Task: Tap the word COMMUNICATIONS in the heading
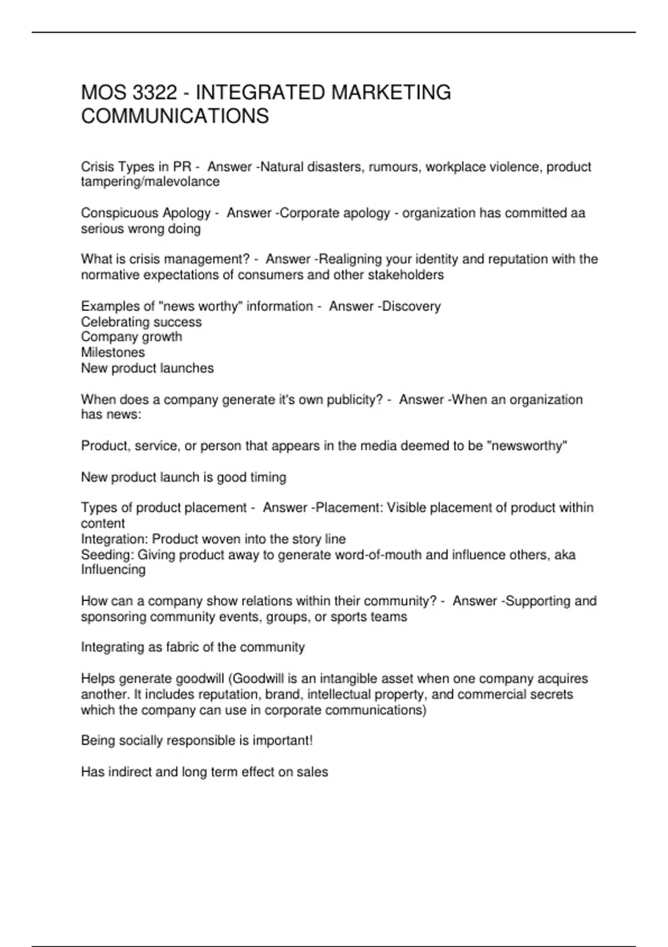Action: pyautogui.click(x=175, y=116)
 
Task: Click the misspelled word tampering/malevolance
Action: pyautogui.click(x=150, y=182)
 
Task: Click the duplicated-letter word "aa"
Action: pyautogui.click(x=578, y=213)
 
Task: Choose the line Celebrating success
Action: pyautogui.click(x=141, y=322)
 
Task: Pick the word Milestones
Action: pyautogui.click(x=113, y=353)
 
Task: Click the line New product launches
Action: pyautogui.click(x=148, y=368)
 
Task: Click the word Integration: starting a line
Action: pyautogui.click(x=115, y=539)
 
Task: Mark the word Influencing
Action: pyautogui.click(x=114, y=570)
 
